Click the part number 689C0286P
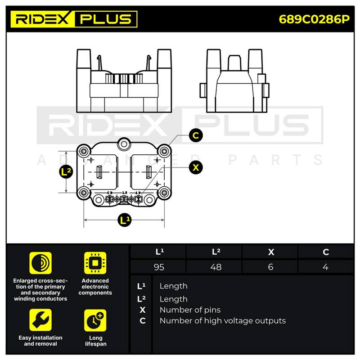tap(314, 19)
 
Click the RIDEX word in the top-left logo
tap(42, 19)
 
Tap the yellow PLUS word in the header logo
tap(106, 19)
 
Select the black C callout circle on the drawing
tap(196, 135)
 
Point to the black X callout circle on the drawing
tap(196, 167)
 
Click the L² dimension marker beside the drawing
tap(66, 172)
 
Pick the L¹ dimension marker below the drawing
tap(125, 220)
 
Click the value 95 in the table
tap(159, 267)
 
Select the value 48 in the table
tap(216, 267)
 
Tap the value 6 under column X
tap(271, 267)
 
